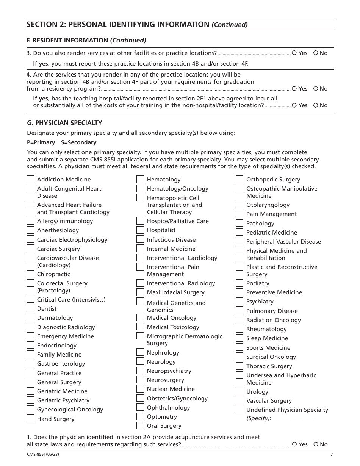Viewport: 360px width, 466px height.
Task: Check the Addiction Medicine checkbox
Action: coord(30,179)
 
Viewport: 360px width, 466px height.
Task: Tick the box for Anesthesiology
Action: coord(30,230)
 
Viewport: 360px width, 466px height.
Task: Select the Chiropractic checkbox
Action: coord(30,274)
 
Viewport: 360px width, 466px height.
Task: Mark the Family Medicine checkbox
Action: coord(30,354)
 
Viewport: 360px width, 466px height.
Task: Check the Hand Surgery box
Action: coord(30,419)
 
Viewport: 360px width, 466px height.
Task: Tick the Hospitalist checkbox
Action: coord(140,230)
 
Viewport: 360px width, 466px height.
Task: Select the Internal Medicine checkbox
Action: coord(140,249)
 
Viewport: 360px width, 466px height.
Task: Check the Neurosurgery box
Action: coord(140,380)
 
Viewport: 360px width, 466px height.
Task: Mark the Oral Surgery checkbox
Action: coord(140,425)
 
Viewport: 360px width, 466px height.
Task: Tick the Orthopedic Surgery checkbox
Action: coord(239,179)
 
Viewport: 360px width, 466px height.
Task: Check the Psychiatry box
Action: coord(239,301)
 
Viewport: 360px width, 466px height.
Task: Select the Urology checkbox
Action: coord(239,391)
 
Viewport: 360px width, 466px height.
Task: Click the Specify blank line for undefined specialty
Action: coord(295,418)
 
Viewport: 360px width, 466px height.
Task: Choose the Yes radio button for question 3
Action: coord(294,53)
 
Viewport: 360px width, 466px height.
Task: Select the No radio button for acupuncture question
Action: coord(316,444)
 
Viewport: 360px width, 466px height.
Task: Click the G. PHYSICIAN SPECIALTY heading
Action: coord(64,123)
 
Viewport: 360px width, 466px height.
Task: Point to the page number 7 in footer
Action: coord(332,455)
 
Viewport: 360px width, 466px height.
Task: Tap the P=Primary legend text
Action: coord(41,142)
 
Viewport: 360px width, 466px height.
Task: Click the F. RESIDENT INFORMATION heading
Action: coord(86,40)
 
